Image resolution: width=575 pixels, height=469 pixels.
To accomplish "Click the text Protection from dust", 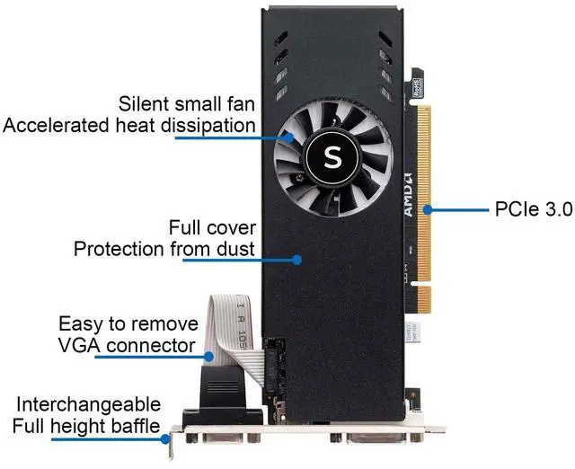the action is (164, 249).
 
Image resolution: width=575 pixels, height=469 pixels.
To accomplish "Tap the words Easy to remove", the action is (126, 323).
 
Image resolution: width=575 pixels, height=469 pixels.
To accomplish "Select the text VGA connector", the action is (126, 345).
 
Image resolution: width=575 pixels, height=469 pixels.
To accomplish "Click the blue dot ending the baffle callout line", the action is (167, 439).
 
